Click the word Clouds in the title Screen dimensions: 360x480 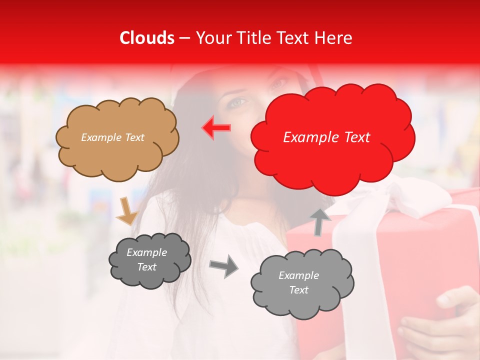click(147, 38)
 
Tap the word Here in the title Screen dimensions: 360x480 click(334, 38)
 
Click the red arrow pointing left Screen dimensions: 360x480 click(216, 127)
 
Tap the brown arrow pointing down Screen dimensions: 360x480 click(126, 211)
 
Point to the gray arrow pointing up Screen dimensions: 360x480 click(320, 222)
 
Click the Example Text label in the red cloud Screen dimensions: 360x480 click(326, 137)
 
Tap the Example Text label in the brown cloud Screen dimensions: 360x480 click(112, 137)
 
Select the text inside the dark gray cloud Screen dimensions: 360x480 click(147, 259)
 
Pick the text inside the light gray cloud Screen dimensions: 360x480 click(298, 282)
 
